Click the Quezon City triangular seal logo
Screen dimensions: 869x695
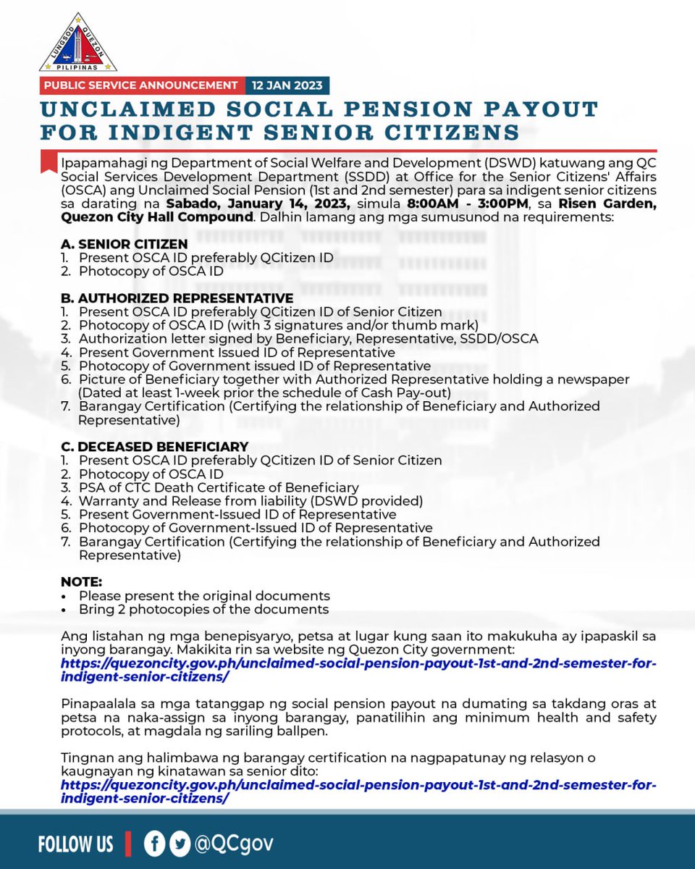tap(77, 43)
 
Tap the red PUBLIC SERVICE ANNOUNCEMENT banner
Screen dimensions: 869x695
tap(140, 85)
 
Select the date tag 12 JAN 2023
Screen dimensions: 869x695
tap(287, 85)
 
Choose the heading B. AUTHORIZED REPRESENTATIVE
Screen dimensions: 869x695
tap(177, 298)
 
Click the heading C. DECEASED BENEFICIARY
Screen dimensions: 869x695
tap(154, 447)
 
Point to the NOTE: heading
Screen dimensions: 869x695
tap(81, 582)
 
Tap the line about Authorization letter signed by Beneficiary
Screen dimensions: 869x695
tap(308, 339)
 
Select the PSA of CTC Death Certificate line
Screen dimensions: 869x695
tap(219, 487)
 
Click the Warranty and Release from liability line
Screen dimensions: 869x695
tap(250, 501)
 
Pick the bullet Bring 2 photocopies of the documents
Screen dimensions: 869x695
tap(203, 609)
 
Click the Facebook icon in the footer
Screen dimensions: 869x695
tap(154, 844)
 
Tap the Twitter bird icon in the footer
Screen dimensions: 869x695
tap(179, 844)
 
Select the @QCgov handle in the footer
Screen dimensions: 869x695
tap(233, 844)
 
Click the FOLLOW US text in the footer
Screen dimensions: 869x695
tap(75, 844)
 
